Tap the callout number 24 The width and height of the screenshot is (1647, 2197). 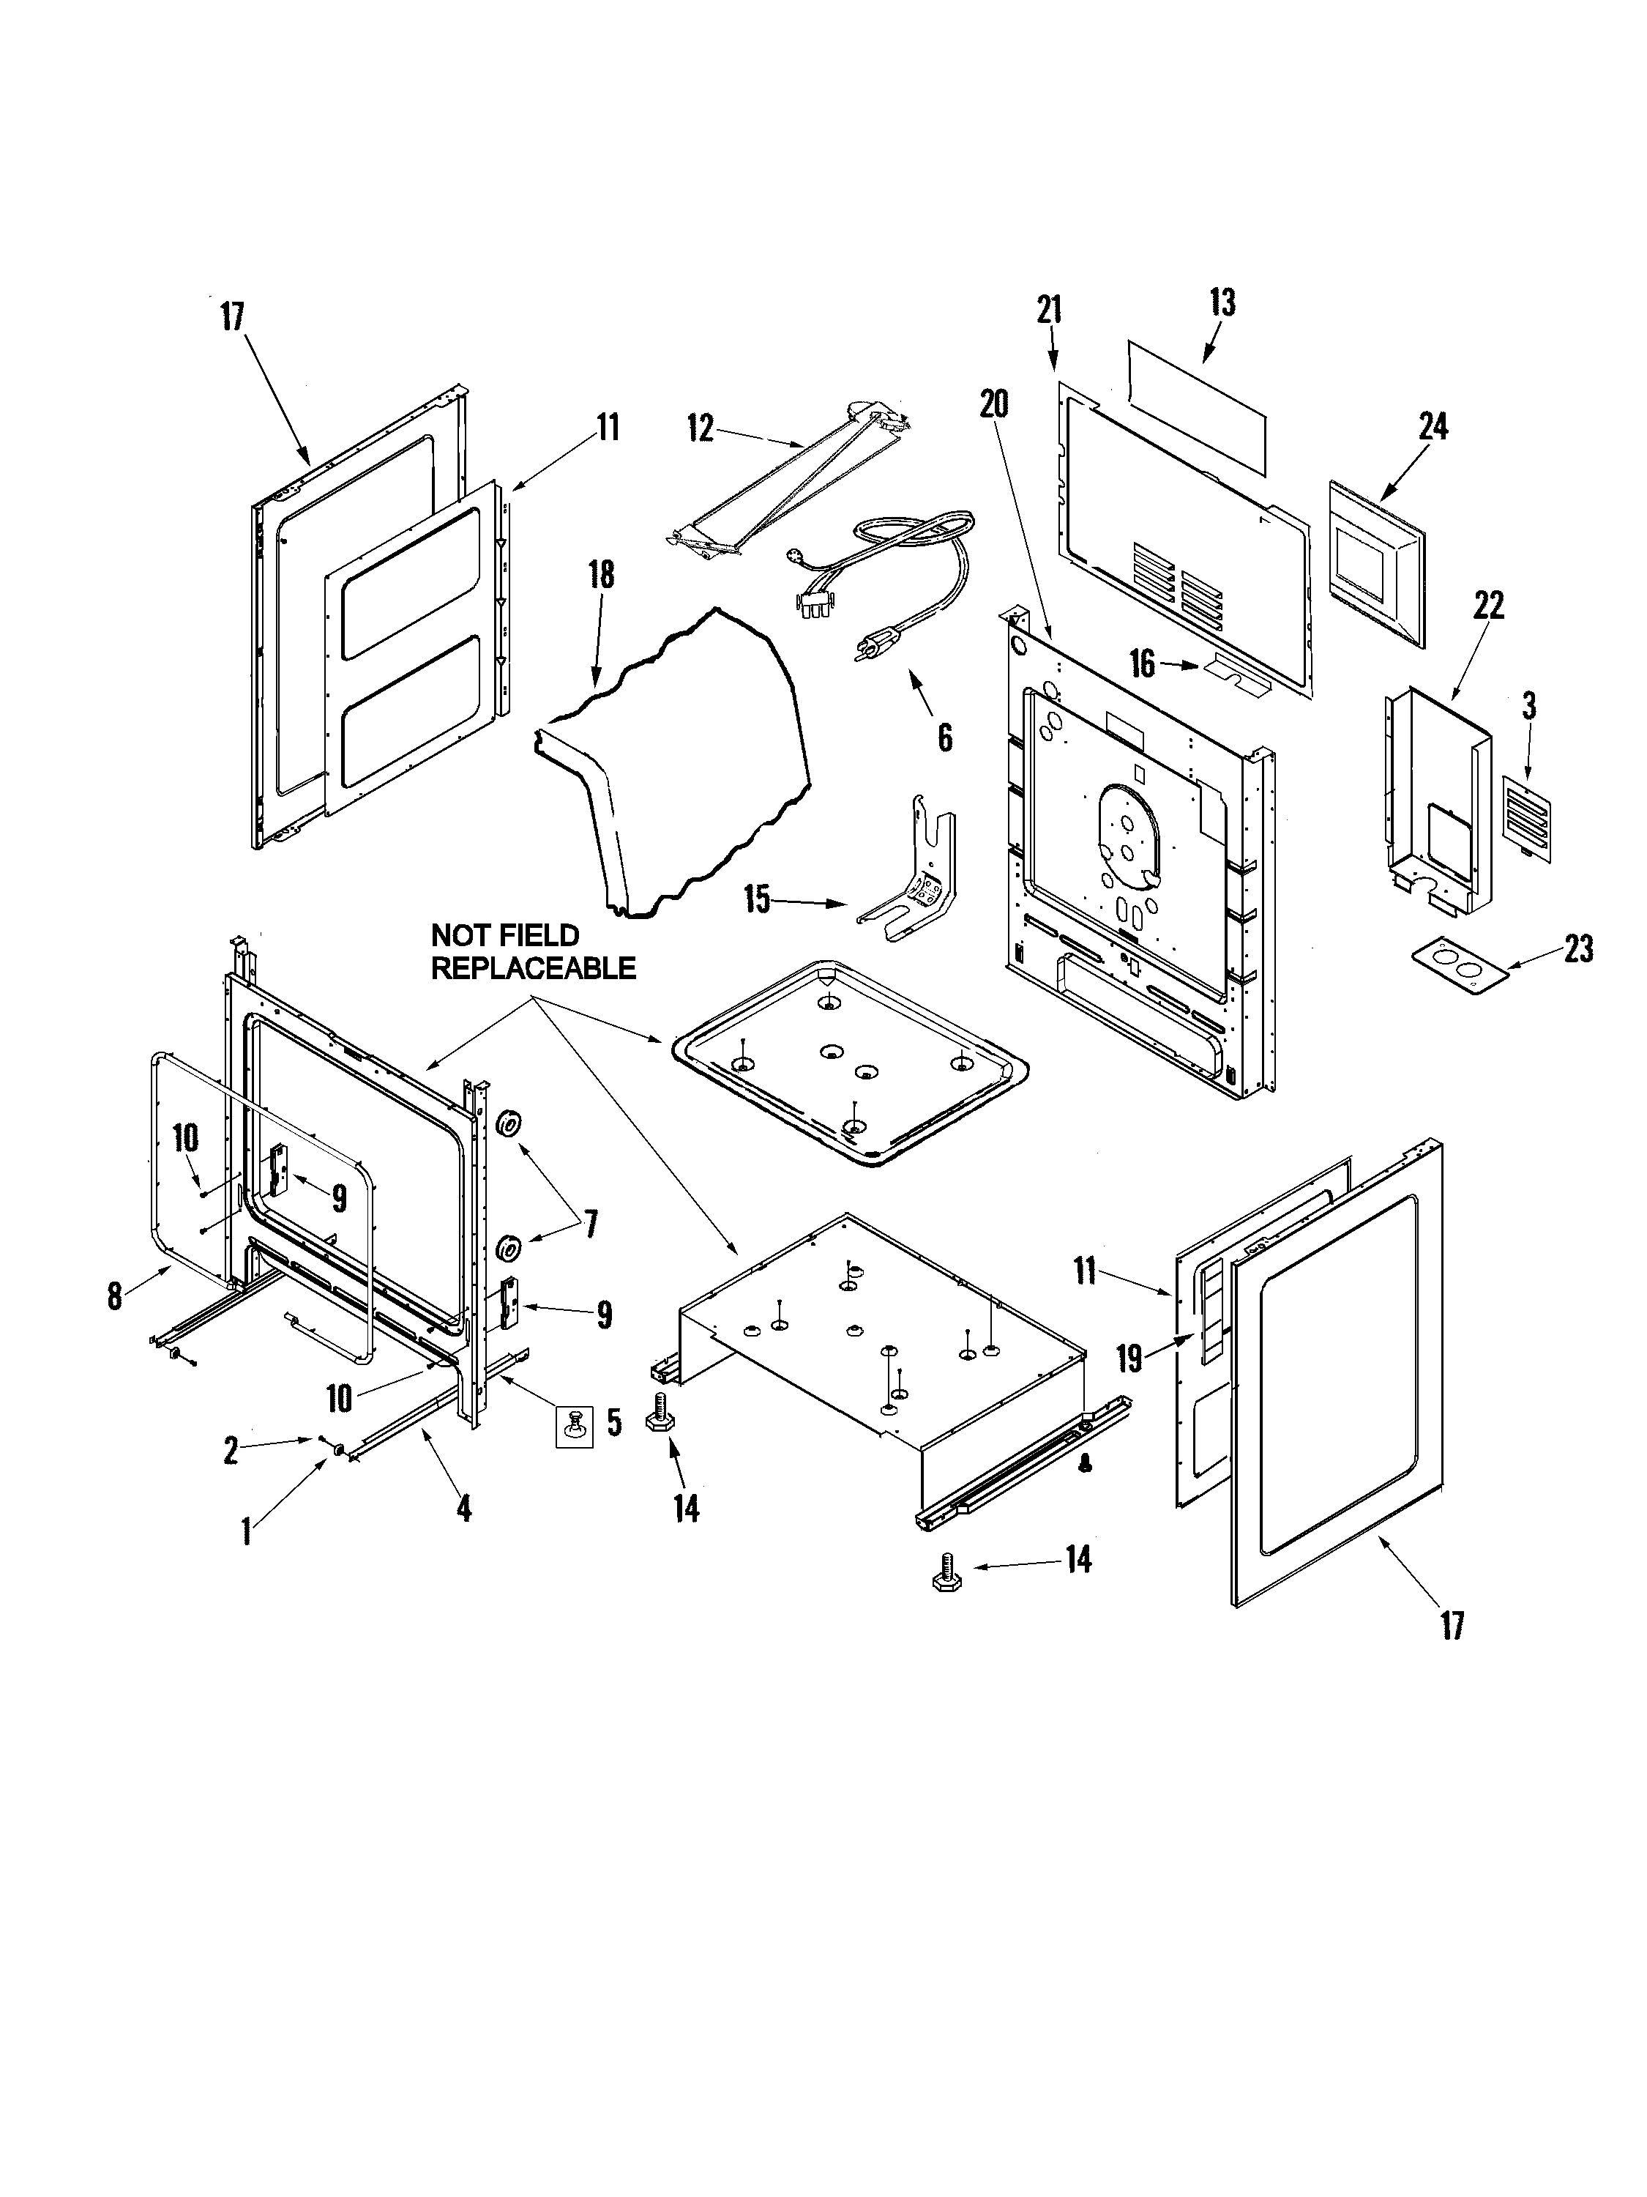click(1433, 427)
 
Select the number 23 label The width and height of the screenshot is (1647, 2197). click(1577, 950)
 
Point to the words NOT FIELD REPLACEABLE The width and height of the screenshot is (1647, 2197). click(532, 951)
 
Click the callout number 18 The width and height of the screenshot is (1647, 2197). click(601, 575)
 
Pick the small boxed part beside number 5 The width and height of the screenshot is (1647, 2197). click(573, 1427)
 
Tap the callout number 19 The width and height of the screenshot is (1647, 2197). click(1129, 1358)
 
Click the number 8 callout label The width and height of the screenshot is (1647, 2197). click(115, 1295)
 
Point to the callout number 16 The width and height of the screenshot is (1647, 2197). click(1143, 664)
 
